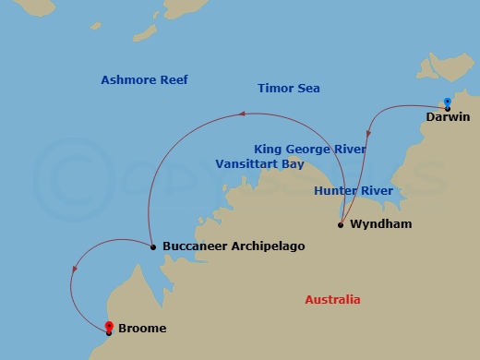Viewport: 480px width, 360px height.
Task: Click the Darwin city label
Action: click(x=449, y=117)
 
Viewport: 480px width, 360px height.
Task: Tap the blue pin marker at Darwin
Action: click(x=447, y=103)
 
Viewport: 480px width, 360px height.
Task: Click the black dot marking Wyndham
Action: click(x=341, y=224)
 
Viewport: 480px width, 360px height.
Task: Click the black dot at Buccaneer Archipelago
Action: click(x=152, y=246)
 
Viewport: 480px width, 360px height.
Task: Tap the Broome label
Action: click(x=142, y=328)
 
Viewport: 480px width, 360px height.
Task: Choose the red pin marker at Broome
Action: click(x=109, y=326)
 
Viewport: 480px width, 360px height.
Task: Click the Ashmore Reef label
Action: click(x=144, y=80)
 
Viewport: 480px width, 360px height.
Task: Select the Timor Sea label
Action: click(x=288, y=90)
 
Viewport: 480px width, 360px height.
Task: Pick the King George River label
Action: click(x=309, y=148)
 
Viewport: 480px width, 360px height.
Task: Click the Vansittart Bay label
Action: click(x=259, y=163)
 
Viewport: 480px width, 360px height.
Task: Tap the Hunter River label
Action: click(x=354, y=191)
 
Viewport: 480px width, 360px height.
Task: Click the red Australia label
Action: click(x=332, y=300)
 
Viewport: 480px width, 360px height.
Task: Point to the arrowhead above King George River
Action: click(x=241, y=115)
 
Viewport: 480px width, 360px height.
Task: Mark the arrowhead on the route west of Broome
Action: click(x=73, y=270)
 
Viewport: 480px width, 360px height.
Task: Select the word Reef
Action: click(x=174, y=80)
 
